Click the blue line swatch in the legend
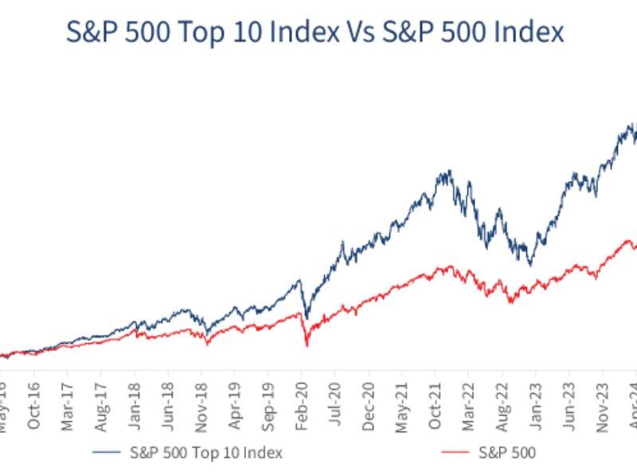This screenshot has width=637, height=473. click(x=109, y=452)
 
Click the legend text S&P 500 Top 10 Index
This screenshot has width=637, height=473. click(x=205, y=452)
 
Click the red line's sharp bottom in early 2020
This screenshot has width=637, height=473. click(x=307, y=345)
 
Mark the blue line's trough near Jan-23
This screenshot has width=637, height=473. click(x=530, y=265)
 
